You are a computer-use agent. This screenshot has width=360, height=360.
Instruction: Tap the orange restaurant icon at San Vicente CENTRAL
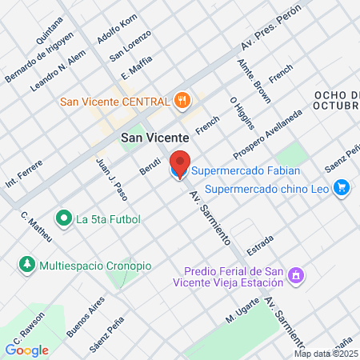click(x=183, y=101)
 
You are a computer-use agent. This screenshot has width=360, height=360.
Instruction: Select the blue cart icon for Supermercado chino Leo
click(x=342, y=189)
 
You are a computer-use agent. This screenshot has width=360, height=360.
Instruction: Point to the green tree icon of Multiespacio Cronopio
click(x=27, y=264)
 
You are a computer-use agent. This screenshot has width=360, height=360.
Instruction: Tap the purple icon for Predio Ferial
click(x=296, y=275)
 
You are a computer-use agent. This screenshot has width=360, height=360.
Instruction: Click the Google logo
click(x=26, y=349)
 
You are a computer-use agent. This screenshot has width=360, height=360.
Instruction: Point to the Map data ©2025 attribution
click(x=326, y=353)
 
